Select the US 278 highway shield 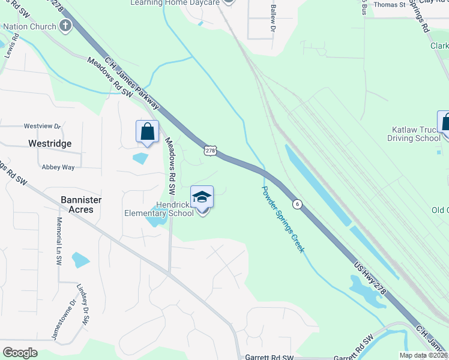tap(209, 151)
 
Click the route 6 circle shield tap(297, 205)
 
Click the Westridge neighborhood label tap(50, 144)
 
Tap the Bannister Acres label tap(81, 205)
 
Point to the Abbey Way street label tap(58, 167)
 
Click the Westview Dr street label tap(42, 127)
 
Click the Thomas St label tap(390, 5)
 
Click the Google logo tap(20, 352)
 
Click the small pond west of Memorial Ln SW tap(80, 260)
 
